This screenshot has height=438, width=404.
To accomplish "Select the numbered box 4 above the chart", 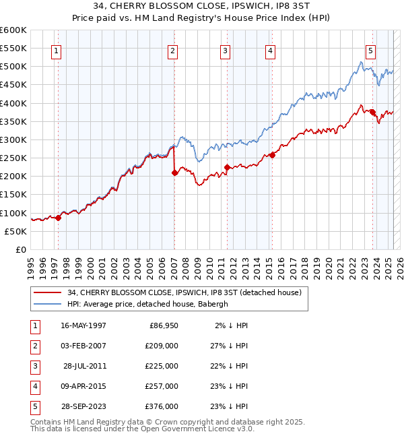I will tap(269, 50).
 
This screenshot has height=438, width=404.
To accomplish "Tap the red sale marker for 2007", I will tap(174, 173).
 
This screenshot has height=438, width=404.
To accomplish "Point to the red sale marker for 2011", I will tap(228, 167).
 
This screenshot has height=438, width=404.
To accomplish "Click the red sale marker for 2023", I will tap(372, 112).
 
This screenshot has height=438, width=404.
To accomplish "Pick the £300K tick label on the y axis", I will tap(14, 139).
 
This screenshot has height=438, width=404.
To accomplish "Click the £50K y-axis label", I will tap(17, 231).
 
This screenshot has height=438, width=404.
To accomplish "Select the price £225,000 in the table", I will tap(161, 366).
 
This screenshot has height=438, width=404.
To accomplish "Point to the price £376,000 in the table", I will tap(161, 406).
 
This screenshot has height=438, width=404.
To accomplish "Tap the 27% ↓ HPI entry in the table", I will tap(230, 345).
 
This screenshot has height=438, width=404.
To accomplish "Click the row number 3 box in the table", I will tap(34, 366).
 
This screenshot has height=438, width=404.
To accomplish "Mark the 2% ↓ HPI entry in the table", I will tap(232, 325).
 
